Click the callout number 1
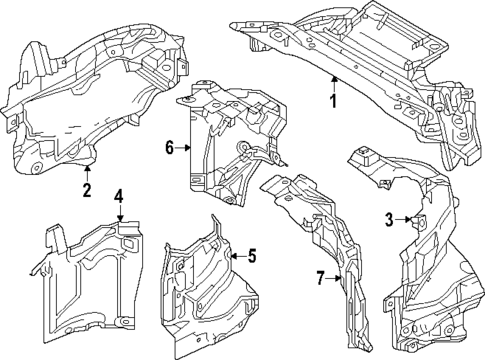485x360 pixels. pos(334,102)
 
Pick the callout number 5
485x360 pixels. pos(251,257)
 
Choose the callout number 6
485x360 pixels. pos(171,149)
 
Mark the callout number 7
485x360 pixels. pos(321,277)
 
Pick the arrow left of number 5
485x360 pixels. pos(236,257)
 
